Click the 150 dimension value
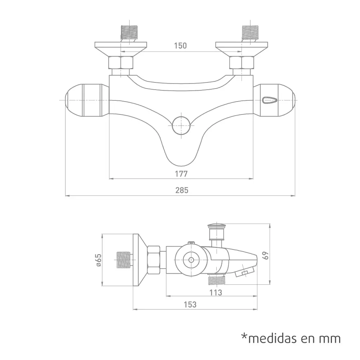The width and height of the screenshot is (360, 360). [180, 46]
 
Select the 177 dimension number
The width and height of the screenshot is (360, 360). [181, 174]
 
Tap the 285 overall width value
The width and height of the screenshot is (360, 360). [181, 190]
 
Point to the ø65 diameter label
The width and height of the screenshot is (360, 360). [99, 260]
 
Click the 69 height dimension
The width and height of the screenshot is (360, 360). [266, 256]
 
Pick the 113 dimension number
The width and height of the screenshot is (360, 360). [216, 292]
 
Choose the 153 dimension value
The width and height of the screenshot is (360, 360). [190, 305]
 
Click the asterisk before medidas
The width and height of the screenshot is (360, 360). [244, 337]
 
